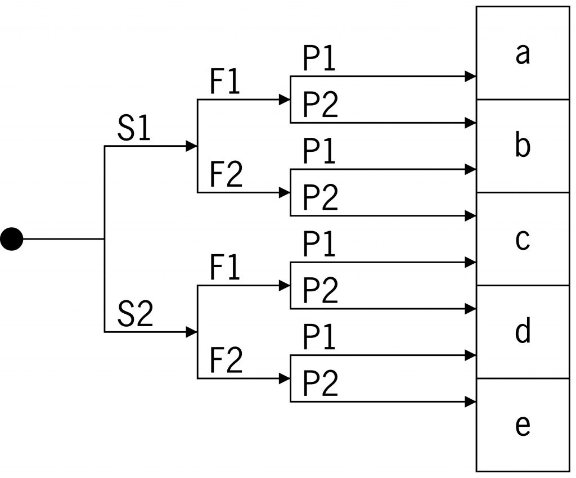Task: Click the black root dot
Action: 11,240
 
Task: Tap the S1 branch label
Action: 134,130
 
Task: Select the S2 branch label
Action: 135,315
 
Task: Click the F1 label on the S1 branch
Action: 226,84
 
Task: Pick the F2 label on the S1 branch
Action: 227,176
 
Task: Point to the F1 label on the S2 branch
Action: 226,269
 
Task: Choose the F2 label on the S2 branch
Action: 227,362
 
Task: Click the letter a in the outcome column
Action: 523,54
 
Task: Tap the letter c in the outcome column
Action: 523,240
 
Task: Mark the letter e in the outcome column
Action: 523,426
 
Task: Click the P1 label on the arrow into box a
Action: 319,60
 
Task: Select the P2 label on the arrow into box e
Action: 321,385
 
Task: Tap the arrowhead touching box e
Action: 471,402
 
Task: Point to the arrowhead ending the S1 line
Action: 192,146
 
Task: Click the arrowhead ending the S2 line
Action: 192,332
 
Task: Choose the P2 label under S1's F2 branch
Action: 321,199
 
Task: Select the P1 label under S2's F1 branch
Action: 319,245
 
